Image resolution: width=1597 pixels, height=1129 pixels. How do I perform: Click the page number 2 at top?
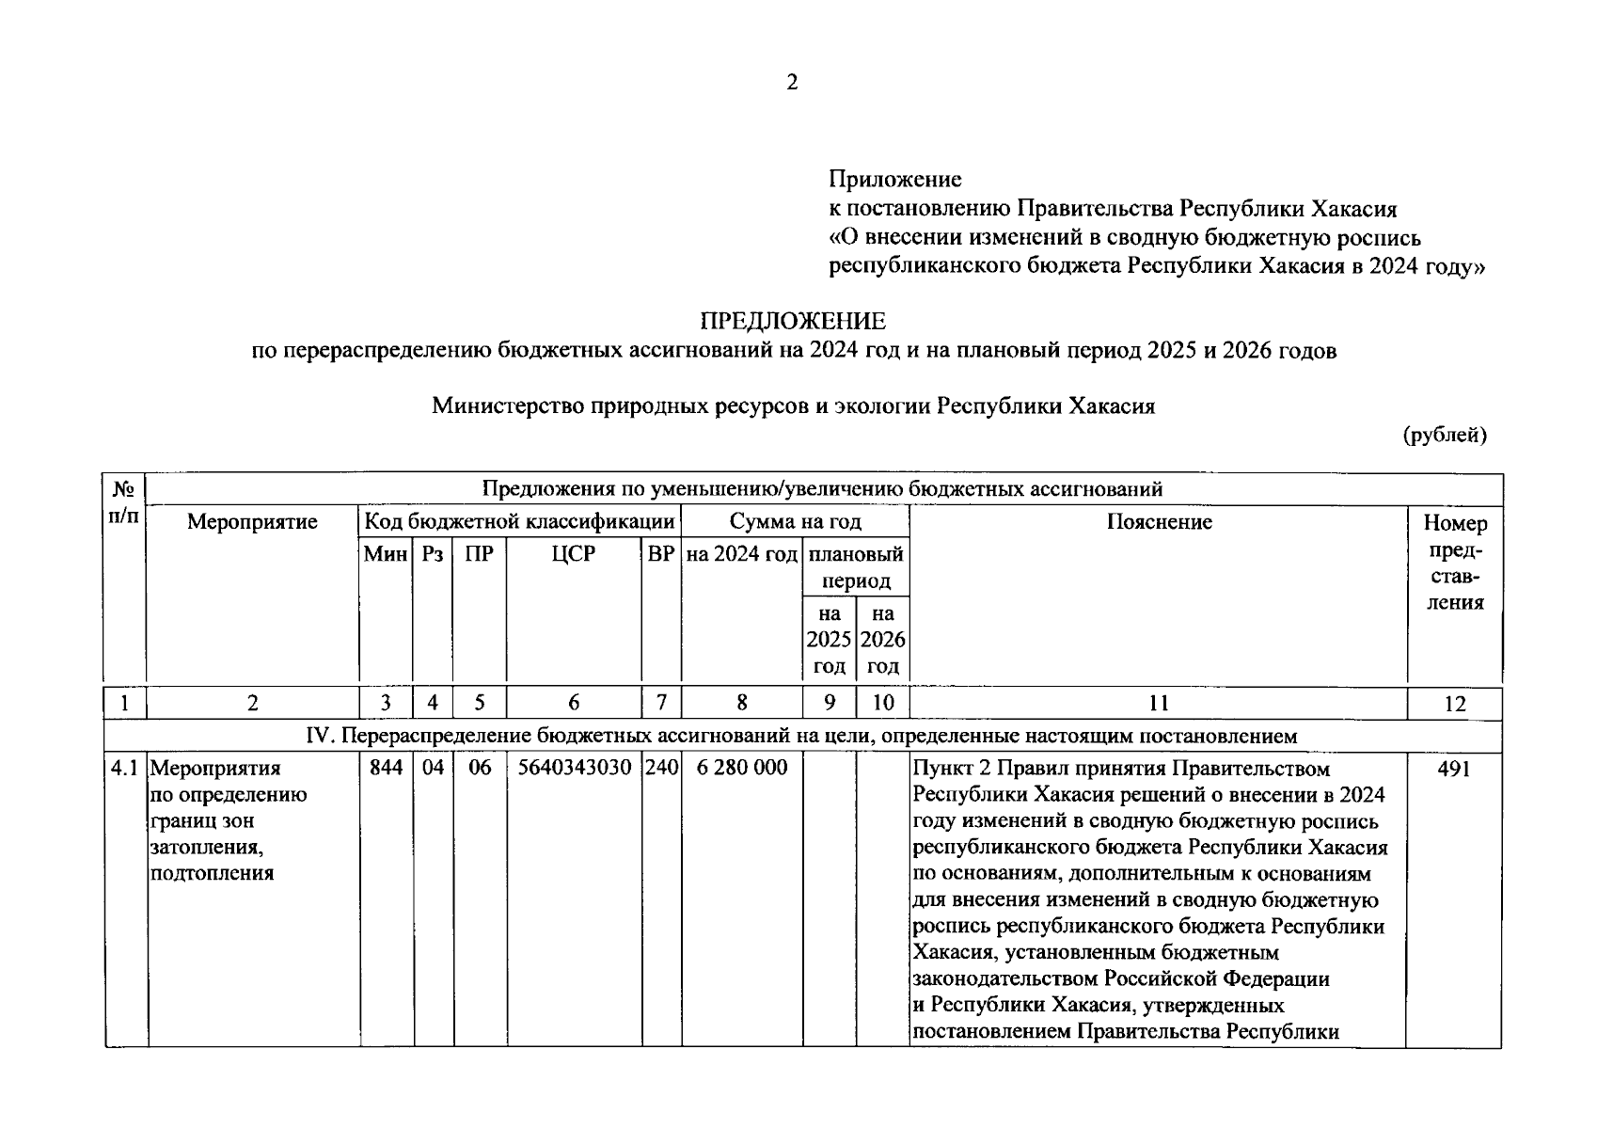792,83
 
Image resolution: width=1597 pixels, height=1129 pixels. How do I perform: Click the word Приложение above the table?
894,179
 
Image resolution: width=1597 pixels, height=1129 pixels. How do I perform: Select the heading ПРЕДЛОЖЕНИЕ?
792,322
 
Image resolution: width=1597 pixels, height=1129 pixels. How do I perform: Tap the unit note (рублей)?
1444,435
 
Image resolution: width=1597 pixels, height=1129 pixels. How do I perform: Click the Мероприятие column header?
252,521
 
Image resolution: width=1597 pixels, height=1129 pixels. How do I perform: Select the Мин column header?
386,554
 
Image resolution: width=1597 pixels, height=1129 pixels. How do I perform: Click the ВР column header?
661,554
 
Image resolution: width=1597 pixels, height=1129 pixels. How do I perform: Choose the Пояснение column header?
1159,521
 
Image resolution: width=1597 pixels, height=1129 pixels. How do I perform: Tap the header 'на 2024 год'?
741,554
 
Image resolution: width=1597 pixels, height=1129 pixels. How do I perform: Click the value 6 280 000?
741,768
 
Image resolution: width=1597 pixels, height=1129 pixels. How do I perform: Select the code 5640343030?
574,768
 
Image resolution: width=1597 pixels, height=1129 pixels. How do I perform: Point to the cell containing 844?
386,768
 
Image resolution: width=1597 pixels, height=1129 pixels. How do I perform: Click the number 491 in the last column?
1454,769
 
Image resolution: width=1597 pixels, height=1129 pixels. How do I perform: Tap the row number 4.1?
125,768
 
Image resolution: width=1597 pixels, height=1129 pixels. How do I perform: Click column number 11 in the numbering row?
1159,703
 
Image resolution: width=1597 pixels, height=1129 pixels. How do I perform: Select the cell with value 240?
661,768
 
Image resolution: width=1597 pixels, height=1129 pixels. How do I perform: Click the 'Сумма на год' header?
795,521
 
